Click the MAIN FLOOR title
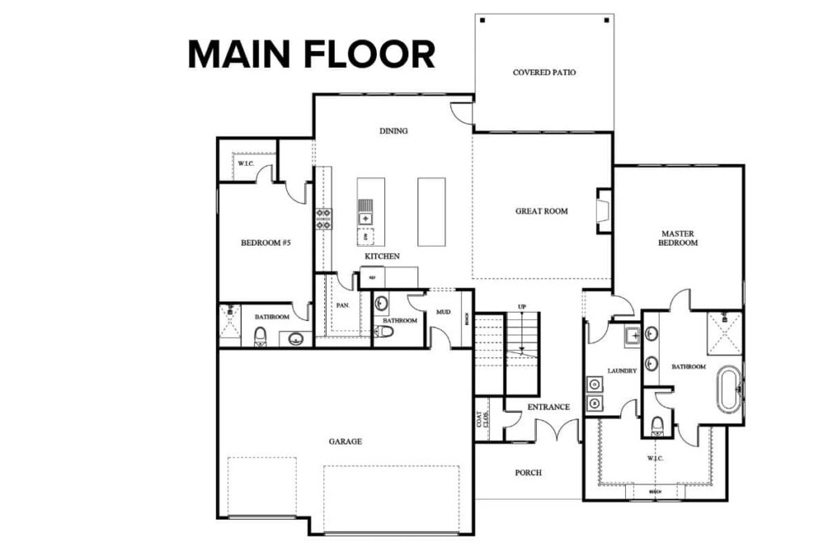(x=311, y=54)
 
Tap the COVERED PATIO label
(x=544, y=73)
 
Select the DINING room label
(x=393, y=131)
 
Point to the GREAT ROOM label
(x=542, y=212)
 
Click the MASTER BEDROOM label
(x=678, y=238)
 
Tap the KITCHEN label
(x=382, y=256)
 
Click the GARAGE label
(x=345, y=441)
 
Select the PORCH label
(x=528, y=473)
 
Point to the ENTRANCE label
(x=549, y=407)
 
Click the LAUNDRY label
(x=623, y=371)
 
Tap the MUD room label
(x=443, y=312)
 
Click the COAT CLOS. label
(x=483, y=419)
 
